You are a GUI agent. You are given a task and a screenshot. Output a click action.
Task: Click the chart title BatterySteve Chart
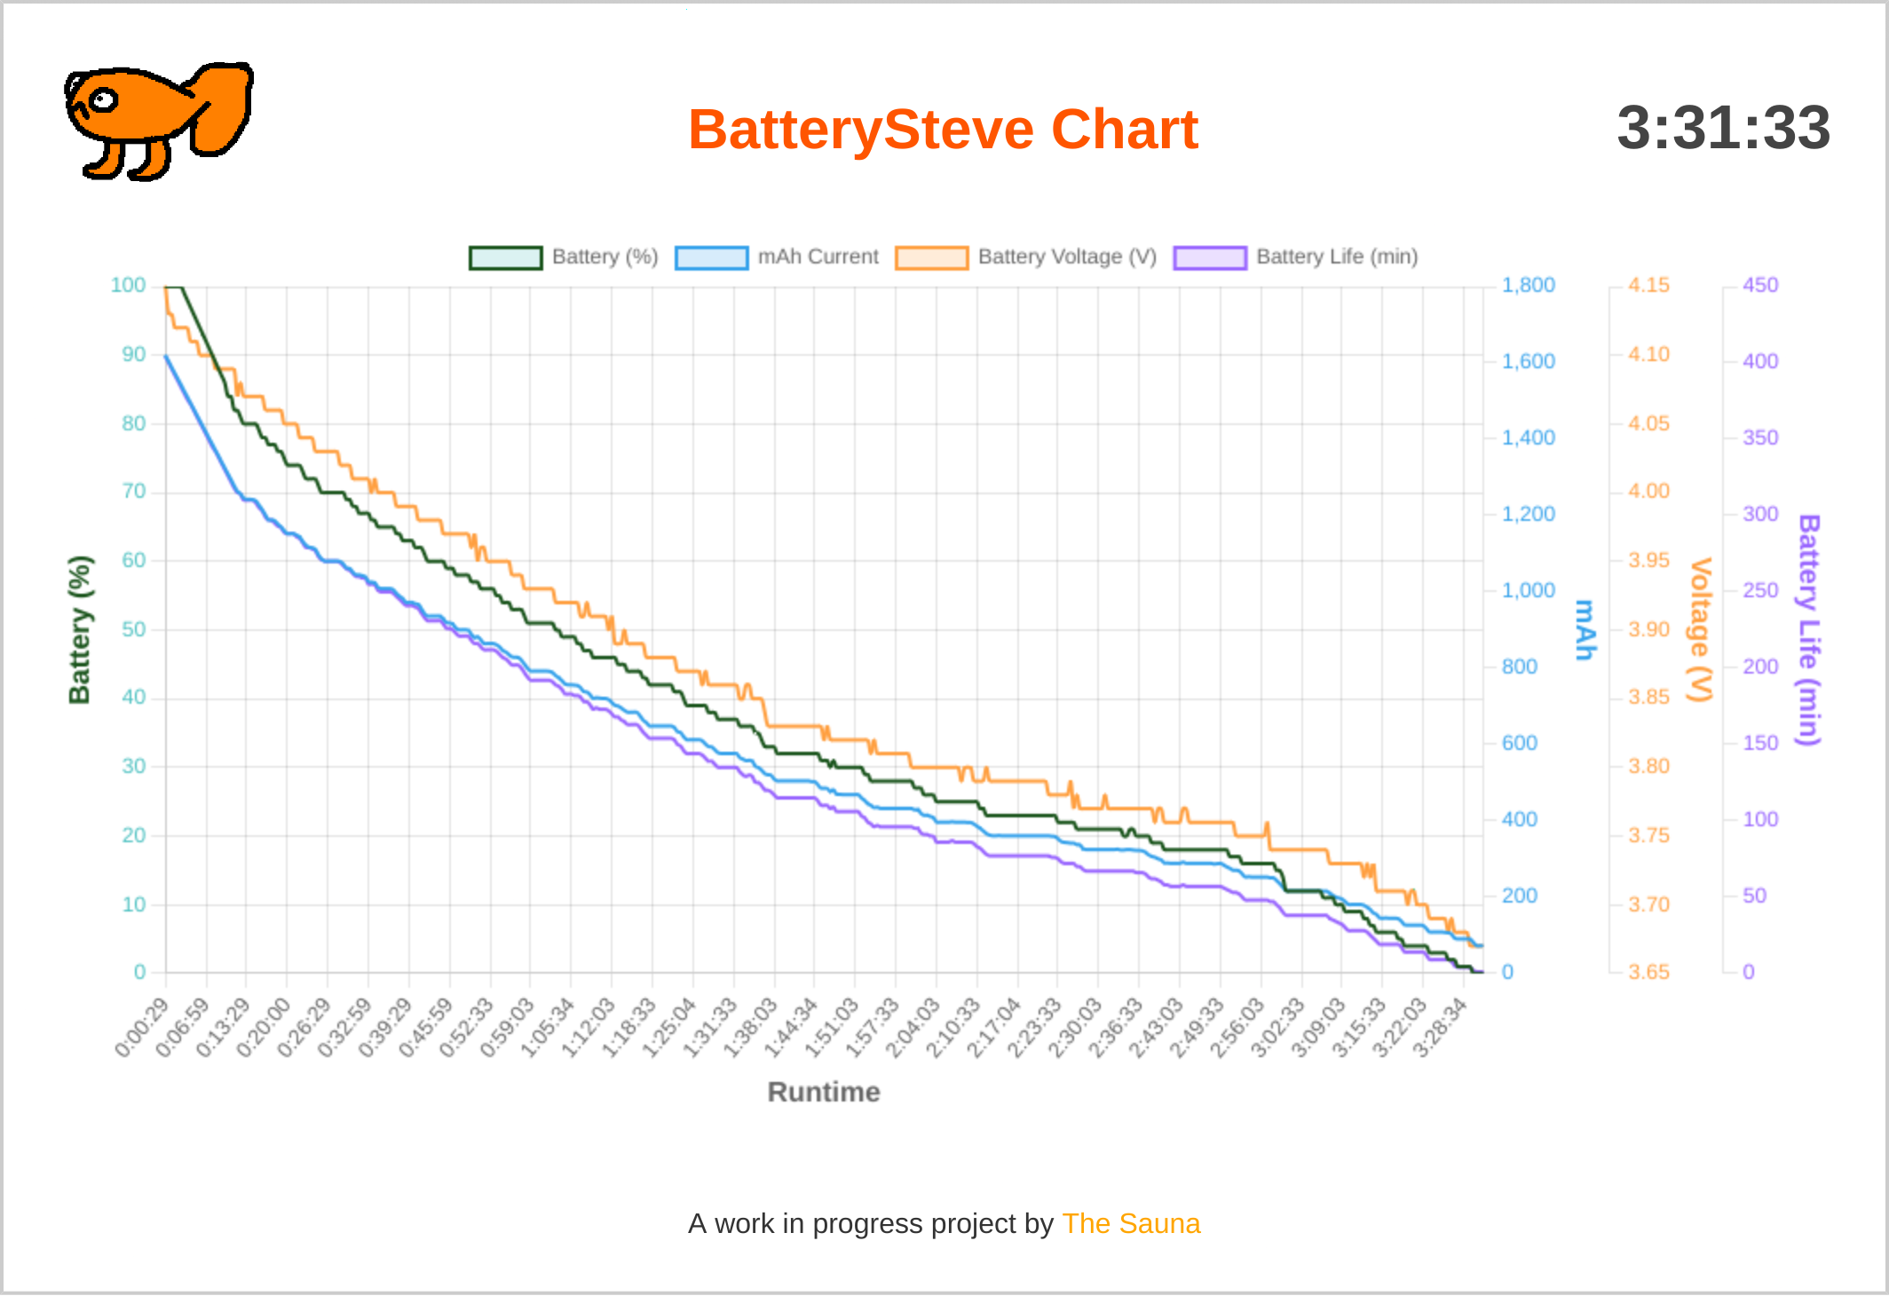point(943,130)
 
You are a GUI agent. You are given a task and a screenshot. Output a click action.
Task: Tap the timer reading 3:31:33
point(1723,127)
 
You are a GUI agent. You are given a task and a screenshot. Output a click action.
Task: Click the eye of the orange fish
point(104,99)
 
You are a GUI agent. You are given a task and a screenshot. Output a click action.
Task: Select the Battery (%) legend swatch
point(506,257)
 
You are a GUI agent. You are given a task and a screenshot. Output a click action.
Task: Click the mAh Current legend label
point(818,257)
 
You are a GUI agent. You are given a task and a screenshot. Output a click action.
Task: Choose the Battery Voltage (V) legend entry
point(1027,257)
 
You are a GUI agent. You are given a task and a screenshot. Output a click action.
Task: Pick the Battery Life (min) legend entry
point(1296,257)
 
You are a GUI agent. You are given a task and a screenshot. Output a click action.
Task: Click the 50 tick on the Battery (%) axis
point(134,629)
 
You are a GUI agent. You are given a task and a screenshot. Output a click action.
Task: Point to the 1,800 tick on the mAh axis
point(1528,285)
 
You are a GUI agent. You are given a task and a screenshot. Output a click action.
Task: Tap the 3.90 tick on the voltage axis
point(1648,629)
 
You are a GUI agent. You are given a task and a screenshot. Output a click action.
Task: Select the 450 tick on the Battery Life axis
point(1759,285)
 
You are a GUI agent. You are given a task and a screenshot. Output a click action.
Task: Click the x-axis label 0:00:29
point(142,1028)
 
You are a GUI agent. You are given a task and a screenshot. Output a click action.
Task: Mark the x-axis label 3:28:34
point(1440,1028)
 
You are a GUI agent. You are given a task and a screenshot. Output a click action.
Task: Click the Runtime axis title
point(824,1092)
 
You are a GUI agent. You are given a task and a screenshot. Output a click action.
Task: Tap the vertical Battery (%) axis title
point(80,629)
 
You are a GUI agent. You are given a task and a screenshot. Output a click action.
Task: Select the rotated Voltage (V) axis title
point(1700,629)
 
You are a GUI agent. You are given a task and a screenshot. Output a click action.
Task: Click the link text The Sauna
point(1130,1223)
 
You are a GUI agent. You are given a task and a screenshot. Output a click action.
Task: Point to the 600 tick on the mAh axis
point(1519,743)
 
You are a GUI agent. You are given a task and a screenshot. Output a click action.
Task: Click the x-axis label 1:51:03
point(832,1028)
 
